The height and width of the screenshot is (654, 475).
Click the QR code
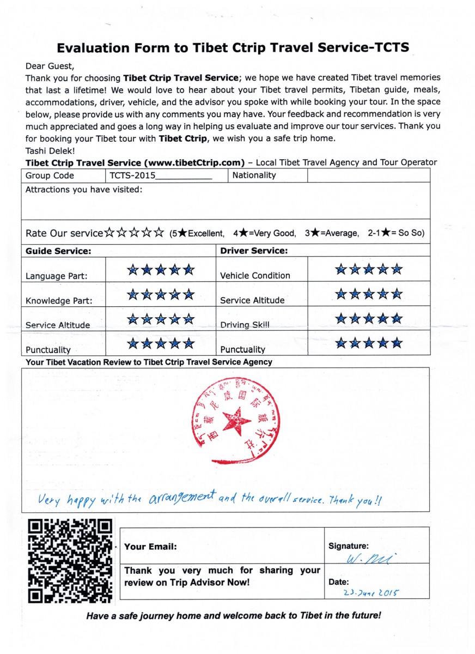click(x=70, y=561)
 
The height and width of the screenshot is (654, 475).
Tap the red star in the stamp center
click(x=236, y=420)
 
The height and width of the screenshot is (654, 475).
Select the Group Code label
click(x=50, y=175)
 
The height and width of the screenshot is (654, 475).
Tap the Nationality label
click(x=254, y=175)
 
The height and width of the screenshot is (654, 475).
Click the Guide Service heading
click(x=58, y=251)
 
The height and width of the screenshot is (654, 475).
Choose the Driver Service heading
click(x=253, y=251)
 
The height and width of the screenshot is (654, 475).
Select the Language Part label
click(x=57, y=276)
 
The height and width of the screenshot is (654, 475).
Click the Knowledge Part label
click(x=59, y=301)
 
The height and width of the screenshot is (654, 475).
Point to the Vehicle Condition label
click(x=255, y=276)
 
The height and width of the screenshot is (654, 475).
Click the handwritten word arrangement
click(x=182, y=498)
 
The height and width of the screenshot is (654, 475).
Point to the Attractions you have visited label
click(x=84, y=190)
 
